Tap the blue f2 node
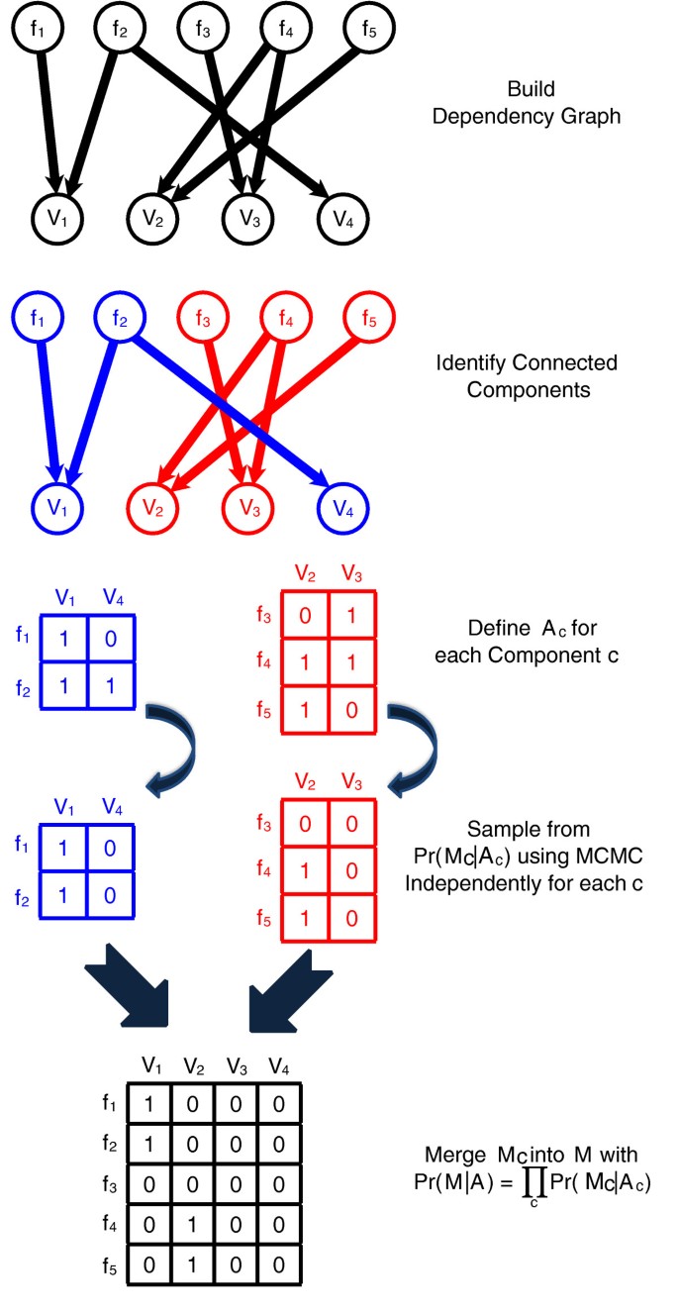click(121, 319)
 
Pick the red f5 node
click(369, 319)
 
